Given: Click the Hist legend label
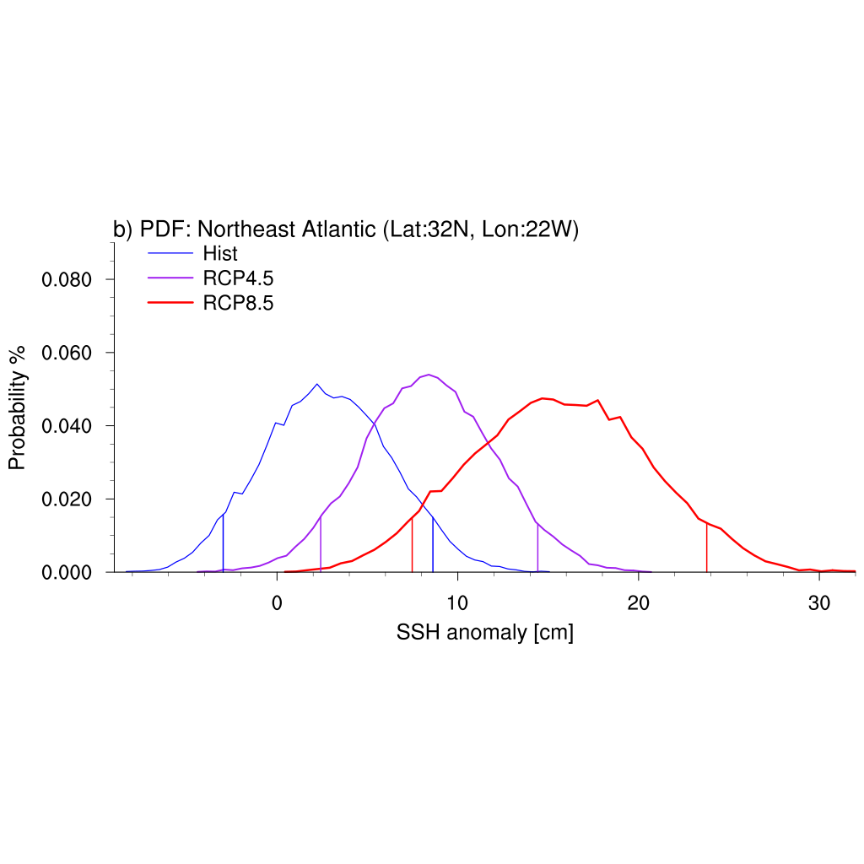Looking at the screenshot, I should point(220,253).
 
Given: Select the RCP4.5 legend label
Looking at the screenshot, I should point(238,278).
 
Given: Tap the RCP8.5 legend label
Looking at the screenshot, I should point(238,304).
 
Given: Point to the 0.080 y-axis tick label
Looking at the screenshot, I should point(67,279).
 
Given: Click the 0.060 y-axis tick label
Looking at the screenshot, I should point(67,353).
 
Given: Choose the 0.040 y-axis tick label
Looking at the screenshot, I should point(67,426).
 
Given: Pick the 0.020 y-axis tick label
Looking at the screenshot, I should point(67,499).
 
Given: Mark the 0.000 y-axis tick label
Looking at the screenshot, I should point(67,573).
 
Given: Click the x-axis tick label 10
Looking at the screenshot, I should point(457,604).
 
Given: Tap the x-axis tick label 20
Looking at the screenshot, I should point(639,604).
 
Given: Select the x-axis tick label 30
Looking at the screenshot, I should point(819,604).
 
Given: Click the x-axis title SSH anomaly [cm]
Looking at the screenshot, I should point(484,633).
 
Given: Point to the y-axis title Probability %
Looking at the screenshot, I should point(18,408).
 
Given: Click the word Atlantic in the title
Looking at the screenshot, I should point(335,229).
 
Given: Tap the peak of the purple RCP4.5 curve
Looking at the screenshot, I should point(429,375).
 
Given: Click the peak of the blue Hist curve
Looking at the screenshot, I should point(317,385).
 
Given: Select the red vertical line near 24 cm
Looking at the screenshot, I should point(706,548).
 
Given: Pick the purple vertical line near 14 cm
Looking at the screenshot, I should point(537,548).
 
